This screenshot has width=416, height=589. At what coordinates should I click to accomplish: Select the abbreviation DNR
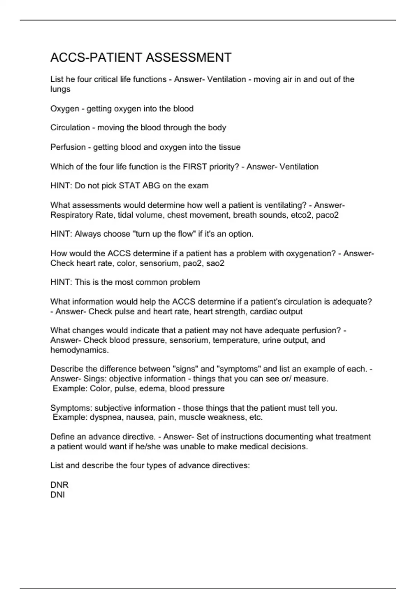[x=59, y=485]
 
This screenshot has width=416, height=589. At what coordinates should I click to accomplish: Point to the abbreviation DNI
[x=58, y=495]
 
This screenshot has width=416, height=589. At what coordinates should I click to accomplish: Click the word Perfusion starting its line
[x=68, y=147]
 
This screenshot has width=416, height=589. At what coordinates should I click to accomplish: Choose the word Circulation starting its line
[x=70, y=128]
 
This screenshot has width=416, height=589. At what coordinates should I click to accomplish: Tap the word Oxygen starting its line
[x=65, y=109]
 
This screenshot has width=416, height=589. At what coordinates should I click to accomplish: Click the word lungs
[x=60, y=89]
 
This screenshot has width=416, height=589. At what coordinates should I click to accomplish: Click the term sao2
[x=215, y=263]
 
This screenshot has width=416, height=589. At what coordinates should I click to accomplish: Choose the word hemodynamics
[x=79, y=350]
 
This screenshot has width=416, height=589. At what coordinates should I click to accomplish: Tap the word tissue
[x=229, y=147]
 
